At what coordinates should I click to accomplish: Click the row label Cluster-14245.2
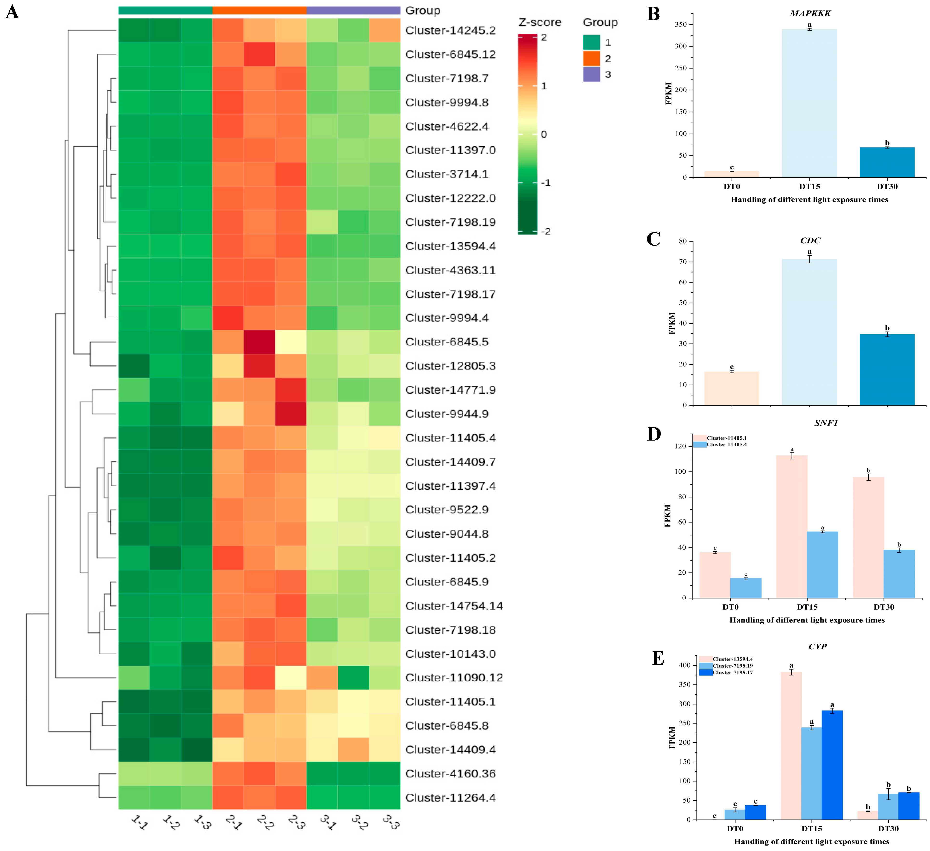(450, 30)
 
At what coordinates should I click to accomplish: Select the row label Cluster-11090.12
(453, 677)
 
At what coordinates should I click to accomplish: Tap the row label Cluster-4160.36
(450, 773)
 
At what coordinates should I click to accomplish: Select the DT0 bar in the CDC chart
(732, 388)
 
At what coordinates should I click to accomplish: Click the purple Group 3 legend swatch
(591, 74)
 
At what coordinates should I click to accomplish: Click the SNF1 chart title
(826, 422)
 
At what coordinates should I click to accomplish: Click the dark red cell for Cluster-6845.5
(259, 342)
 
